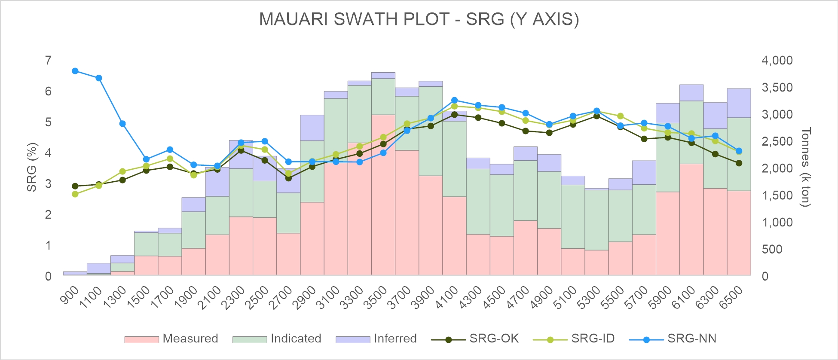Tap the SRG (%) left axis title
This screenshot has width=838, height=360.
click(x=32, y=168)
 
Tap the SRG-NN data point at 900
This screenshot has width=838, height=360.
click(x=75, y=71)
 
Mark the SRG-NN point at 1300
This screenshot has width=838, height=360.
click(x=122, y=124)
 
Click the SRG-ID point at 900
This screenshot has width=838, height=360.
click(x=75, y=194)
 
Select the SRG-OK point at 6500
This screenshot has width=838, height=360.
click(x=739, y=163)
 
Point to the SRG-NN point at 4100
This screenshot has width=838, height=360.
click(x=455, y=100)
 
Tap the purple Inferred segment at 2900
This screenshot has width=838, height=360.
click(x=312, y=128)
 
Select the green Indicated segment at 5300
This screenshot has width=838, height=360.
click(x=596, y=220)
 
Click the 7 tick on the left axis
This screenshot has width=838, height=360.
click(x=48, y=61)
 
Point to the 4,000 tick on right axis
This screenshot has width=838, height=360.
click(x=777, y=61)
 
